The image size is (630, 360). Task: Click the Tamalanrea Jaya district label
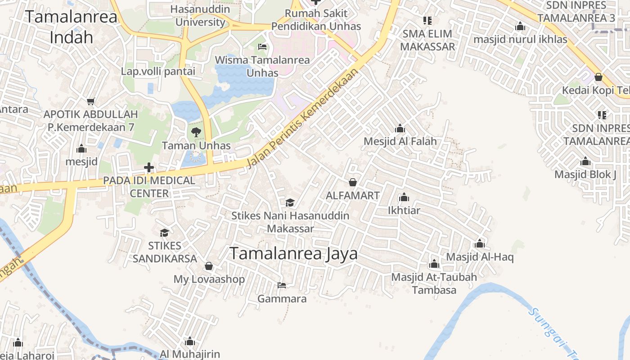(x=293, y=253)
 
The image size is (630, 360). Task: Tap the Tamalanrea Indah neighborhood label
(x=71, y=27)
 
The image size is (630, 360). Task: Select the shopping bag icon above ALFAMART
(x=353, y=182)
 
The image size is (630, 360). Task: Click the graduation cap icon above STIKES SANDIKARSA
(x=164, y=233)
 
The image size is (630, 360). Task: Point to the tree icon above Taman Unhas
(x=196, y=132)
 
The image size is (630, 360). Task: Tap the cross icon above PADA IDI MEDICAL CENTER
(x=148, y=168)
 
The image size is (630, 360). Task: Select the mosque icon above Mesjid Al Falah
(x=400, y=129)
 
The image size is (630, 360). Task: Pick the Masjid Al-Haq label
(x=480, y=257)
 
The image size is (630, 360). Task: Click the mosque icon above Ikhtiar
(x=404, y=198)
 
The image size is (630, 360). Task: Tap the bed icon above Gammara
(x=282, y=285)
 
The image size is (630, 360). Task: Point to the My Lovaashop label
(x=209, y=279)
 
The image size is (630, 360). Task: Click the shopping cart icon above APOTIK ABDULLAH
(x=91, y=101)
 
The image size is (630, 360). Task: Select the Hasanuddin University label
(x=200, y=15)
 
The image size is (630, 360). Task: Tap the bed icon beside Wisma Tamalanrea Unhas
(x=262, y=47)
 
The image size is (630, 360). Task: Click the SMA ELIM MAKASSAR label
(x=427, y=40)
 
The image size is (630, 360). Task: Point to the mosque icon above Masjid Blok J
(x=585, y=162)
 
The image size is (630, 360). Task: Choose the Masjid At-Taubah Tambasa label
(x=434, y=283)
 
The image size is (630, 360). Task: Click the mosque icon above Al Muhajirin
(x=189, y=342)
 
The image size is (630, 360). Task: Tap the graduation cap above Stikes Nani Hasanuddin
(x=290, y=203)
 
